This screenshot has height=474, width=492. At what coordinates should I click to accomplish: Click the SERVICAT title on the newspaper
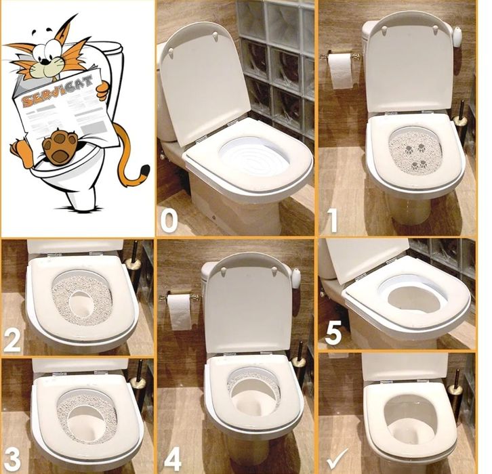coord(58,90)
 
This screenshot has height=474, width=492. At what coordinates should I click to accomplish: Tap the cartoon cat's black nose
coord(46,60)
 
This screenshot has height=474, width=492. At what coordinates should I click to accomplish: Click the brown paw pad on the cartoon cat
coord(60,146)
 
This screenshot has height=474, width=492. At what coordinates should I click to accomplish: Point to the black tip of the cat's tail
coord(144,171)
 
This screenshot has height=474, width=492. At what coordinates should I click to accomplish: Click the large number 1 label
coord(331,221)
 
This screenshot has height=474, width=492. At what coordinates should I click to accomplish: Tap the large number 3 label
coord(12,460)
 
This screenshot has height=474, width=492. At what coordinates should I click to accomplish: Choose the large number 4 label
coord(173,460)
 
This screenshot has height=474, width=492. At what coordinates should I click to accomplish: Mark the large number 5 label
coord(333,334)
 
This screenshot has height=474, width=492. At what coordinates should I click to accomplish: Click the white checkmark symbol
coord(337,458)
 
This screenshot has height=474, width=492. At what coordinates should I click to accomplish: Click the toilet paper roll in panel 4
coord(180,312)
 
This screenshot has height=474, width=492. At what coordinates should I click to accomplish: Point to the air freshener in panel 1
coord(457,37)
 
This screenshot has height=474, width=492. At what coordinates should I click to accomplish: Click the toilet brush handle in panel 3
coord(139,369)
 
